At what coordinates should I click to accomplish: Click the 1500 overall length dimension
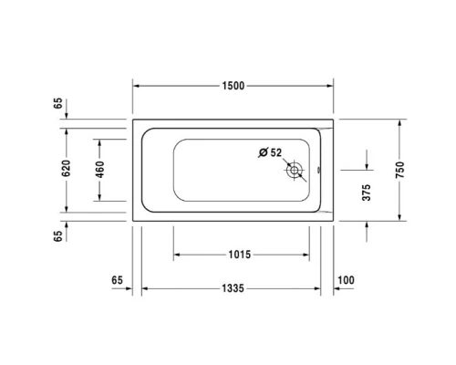(233, 86)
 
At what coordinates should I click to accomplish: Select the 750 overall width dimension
(399, 169)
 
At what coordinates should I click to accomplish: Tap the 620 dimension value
(67, 169)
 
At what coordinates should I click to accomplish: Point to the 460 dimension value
(100, 170)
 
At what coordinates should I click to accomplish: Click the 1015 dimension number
(240, 255)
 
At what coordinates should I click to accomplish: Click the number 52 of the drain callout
(276, 152)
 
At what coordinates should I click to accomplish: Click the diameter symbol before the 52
(264, 152)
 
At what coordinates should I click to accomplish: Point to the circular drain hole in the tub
(295, 170)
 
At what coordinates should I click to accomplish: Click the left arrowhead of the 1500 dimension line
(136, 86)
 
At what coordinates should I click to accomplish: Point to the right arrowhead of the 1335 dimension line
(319, 288)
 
